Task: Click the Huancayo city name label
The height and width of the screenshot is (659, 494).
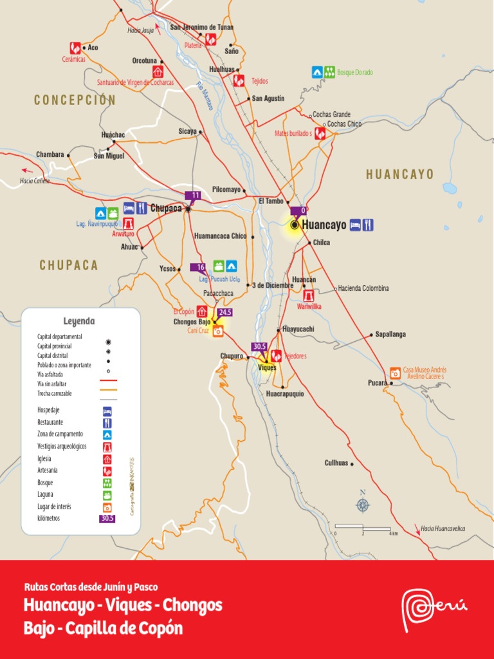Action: click(x=324, y=225)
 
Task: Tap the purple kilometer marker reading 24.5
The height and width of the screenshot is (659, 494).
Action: click(x=225, y=312)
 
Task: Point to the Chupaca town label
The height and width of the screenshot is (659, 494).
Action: click(x=166, y=209)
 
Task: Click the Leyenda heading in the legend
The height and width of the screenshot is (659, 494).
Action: click(x=79, y=321)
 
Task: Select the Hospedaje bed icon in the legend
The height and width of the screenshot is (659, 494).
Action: click(x=107, y=411)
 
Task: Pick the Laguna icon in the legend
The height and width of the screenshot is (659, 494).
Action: click(x=107, y=495)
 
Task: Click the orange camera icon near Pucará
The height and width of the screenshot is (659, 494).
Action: click(x=395, y=373)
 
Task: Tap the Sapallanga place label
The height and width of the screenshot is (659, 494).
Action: click(x=390, y=335)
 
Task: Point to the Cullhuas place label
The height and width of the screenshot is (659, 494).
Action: click(x=336, y=463)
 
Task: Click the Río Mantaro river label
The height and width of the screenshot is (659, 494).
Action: click(x=205, y=96)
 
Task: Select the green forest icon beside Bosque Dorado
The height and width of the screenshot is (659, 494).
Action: click(x=329, y=72)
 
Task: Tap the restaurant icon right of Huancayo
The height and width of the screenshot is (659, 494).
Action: click(x=368, y=225)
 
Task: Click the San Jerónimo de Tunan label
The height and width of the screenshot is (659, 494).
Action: click(x=201, y=27)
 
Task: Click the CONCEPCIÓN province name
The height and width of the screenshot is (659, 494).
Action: click(x=75, y=100)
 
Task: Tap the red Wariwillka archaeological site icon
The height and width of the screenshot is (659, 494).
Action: click(x=309, y=295)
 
